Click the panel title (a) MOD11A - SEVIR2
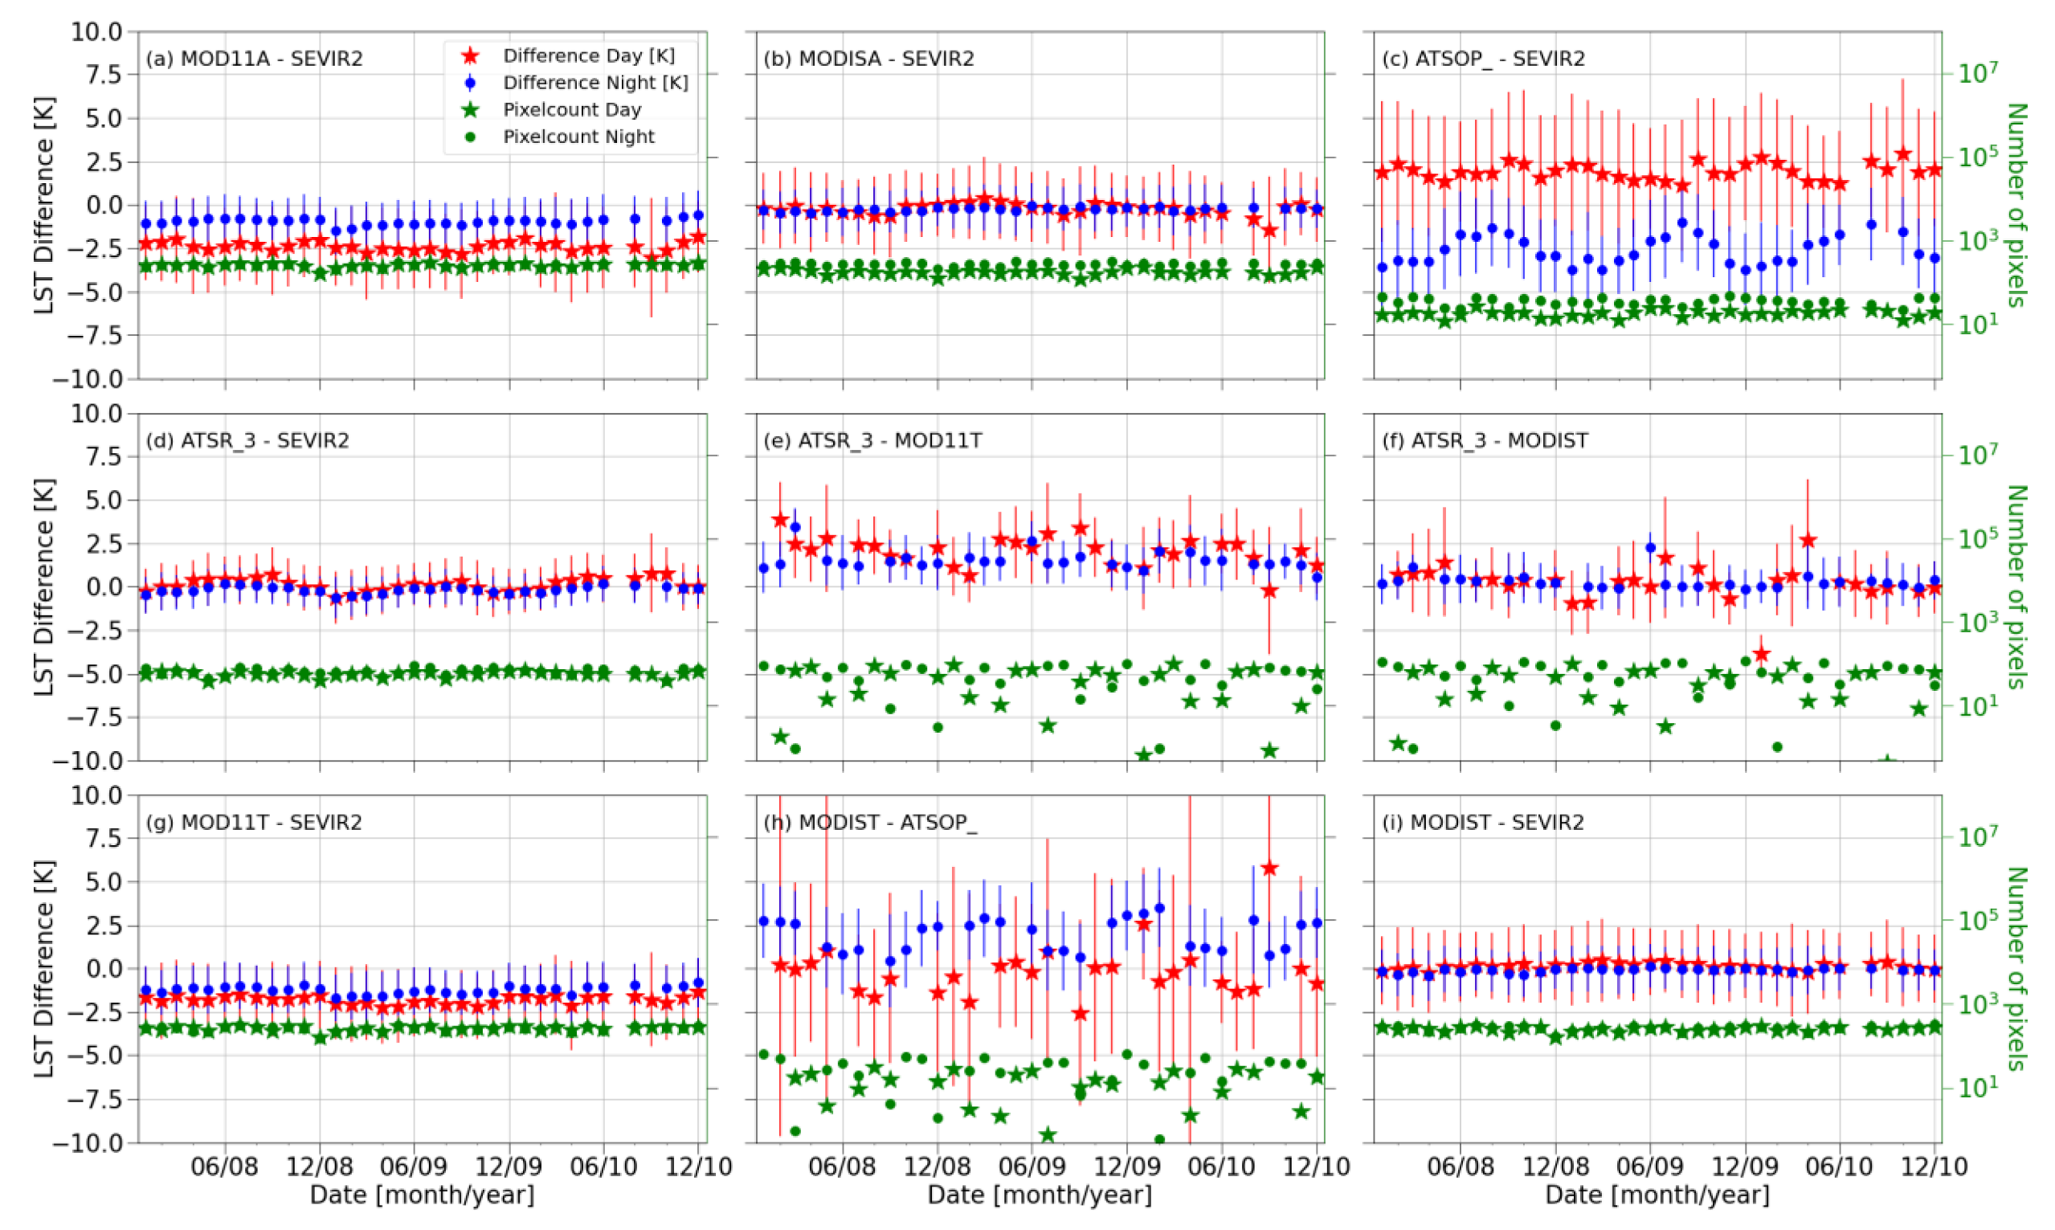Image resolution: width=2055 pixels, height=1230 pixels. (254, 59)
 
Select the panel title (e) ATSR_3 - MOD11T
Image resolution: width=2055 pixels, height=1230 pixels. (872, 440)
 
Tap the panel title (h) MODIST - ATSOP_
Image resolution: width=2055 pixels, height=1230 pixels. (870, 822)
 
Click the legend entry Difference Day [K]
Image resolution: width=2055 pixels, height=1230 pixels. (588, 55)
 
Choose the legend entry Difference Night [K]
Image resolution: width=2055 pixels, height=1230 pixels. (595, 83)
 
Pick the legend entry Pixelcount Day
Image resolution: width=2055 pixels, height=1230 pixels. (572, 109)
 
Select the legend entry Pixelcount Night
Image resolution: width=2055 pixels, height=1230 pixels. (578, 137)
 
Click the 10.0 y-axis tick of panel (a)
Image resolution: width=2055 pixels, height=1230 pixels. (98, 32)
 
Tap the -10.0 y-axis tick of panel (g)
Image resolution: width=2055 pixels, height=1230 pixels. (88, 1143)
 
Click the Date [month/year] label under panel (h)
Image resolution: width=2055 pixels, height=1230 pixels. (1039, 1195)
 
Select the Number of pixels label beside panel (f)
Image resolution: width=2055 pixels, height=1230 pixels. (2015, 586)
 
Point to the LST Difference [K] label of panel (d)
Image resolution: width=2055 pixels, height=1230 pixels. (43, 586)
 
